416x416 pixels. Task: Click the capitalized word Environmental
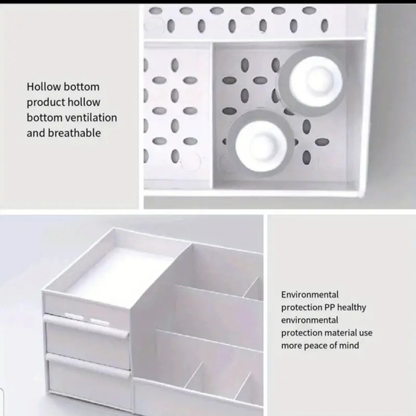coord(310,295)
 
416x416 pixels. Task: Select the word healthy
coord(351,308)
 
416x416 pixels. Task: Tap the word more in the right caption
coord(293,346)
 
